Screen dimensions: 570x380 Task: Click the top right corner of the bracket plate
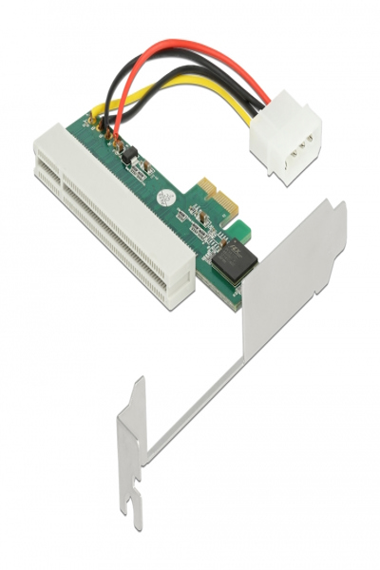coord(335,203)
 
